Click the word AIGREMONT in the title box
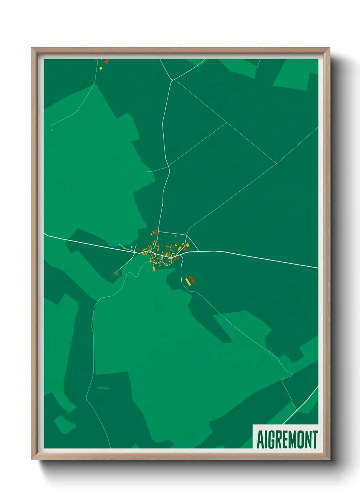coord(287,440)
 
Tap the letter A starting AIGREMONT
coord(260,440)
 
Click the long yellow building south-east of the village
coord(188,282)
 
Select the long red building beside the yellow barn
coord(192,280)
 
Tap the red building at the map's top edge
coord(106,62)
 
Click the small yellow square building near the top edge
coord(101,68)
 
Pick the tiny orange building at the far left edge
coord(52,129)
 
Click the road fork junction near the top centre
coord(172,80)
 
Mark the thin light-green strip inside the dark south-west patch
coord(103,388)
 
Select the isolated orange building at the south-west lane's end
coord(117,273)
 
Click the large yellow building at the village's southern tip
coord(153,269)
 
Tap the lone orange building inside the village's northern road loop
coord(176,236)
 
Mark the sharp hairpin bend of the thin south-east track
coord(292,375)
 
